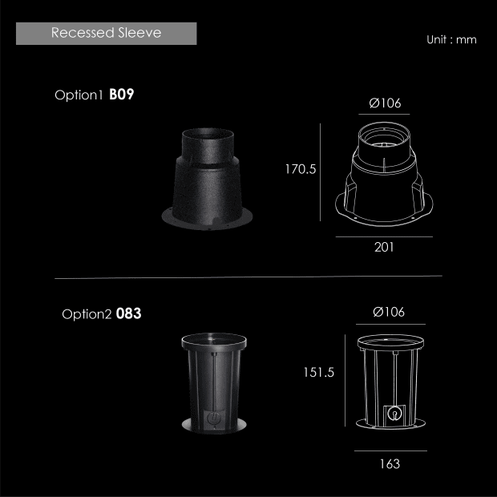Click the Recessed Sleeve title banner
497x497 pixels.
coord(106,34)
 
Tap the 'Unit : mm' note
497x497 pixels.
coord(451,39)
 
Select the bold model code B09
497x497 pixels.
coord(121,94)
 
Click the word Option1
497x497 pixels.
coord(79,95)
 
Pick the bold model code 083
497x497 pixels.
coord(128,313)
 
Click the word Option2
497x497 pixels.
coord(87,314)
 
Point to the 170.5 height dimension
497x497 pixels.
coord(301,169)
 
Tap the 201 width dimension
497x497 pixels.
coord(384,247)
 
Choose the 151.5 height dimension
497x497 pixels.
coord(318,372)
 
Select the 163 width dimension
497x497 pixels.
coord(390,463)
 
